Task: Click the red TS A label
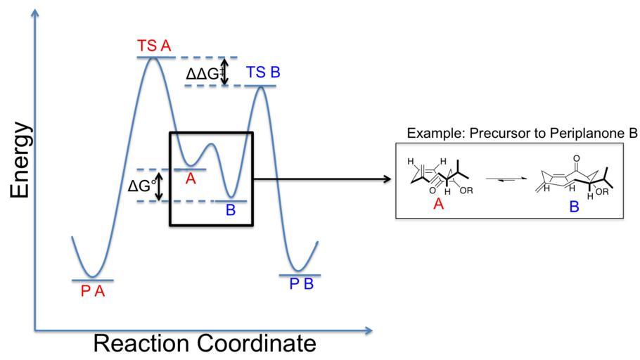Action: click(154, 46)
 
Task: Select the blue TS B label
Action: click(264, 73)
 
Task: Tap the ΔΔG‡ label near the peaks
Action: click(203, 73)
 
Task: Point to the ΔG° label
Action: click(142, 186)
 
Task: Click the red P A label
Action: click(92, 291)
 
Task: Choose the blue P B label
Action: click(300, 286)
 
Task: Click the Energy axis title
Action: click(21, 161)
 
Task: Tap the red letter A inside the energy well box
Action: click(190, 179)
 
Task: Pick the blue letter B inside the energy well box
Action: click(231, 210)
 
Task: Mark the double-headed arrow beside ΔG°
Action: click(159, 186)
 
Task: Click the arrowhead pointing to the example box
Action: click(386, 179)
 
